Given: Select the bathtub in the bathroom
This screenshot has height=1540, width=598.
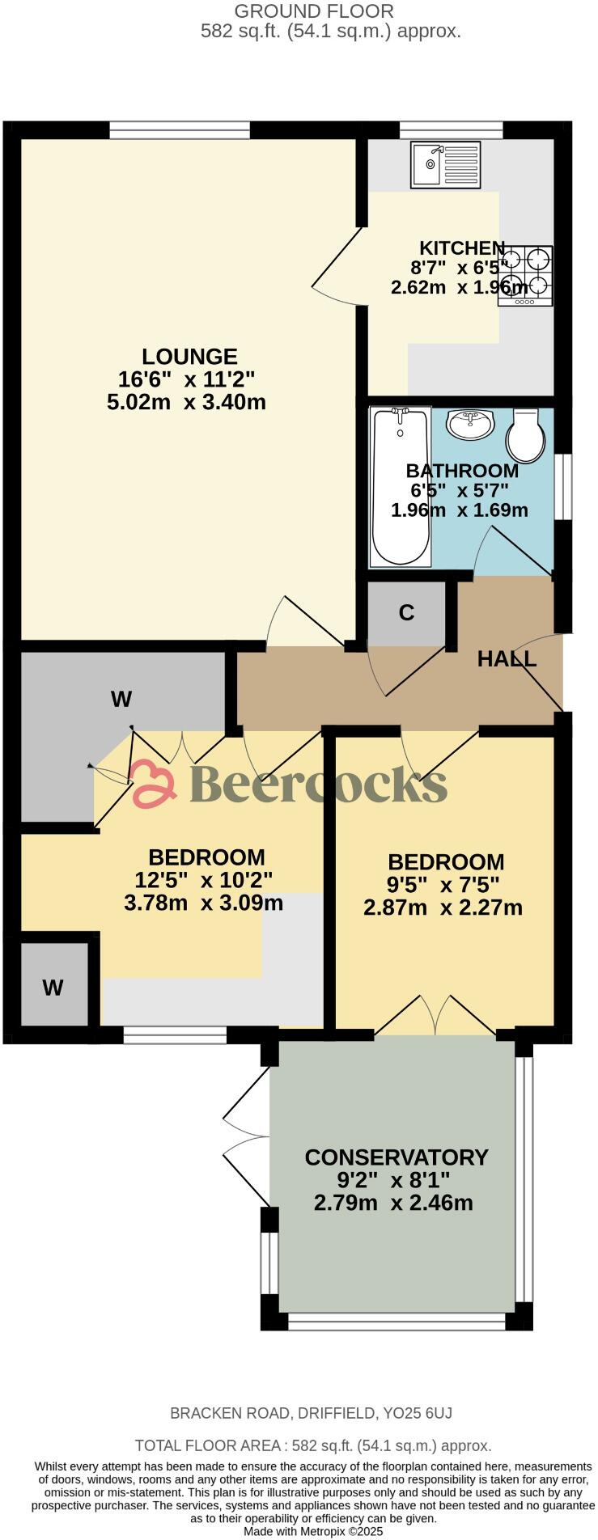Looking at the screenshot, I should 399,487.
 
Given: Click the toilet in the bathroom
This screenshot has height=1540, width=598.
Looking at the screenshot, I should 525,434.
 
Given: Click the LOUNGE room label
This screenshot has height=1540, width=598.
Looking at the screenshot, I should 189,357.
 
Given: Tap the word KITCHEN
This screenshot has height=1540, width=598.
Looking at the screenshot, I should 461,248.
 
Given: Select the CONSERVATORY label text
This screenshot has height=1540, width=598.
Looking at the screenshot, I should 397,1157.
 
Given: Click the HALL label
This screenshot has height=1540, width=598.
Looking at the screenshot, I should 507,659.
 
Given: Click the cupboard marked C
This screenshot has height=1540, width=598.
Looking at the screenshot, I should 406,613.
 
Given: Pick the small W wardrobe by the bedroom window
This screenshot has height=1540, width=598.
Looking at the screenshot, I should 53,988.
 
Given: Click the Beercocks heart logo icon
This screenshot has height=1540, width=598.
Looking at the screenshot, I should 152,784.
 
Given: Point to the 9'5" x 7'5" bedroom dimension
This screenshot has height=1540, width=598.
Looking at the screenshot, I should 445,885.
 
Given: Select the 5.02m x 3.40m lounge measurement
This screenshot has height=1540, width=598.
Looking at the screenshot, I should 186,402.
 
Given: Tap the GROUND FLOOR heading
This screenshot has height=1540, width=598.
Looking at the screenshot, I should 314,11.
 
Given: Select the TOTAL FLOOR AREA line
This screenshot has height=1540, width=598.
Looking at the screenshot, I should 312,1445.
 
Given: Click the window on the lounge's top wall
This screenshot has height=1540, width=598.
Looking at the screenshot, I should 180,129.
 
